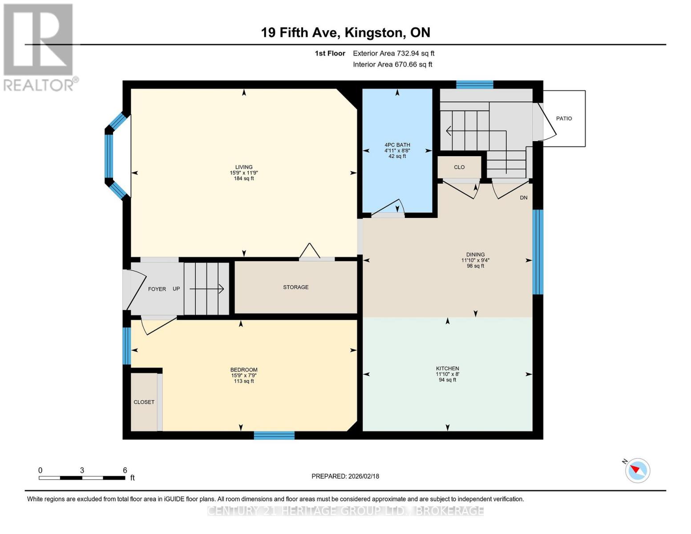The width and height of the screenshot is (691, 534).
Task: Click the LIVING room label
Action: point(243,167)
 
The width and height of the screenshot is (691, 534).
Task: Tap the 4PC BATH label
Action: point(397,145)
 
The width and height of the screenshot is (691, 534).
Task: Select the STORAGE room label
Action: point(296,287)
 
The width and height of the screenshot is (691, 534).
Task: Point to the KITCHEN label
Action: point(448,368)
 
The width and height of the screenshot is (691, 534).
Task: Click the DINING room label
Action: point(475,255)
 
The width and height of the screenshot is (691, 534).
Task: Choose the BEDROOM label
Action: point(244,370)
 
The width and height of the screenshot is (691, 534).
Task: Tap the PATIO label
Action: point(564,119)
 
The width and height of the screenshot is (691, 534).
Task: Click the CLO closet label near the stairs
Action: point(459,167)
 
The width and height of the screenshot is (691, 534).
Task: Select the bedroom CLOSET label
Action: point(144,402)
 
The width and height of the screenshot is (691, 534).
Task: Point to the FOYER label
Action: point(157,289)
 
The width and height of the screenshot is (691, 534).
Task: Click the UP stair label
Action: point(176,289)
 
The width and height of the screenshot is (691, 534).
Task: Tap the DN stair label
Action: point(523,198)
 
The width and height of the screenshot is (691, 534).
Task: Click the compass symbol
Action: point(637,471)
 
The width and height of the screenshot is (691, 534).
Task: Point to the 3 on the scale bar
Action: point(82,470)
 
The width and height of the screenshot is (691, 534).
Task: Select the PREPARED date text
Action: point(345,477)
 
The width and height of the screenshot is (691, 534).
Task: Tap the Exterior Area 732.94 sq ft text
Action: point(393,53)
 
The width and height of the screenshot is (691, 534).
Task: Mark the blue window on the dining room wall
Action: point(538,252)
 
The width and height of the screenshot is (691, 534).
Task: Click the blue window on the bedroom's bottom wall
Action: point(274,435)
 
